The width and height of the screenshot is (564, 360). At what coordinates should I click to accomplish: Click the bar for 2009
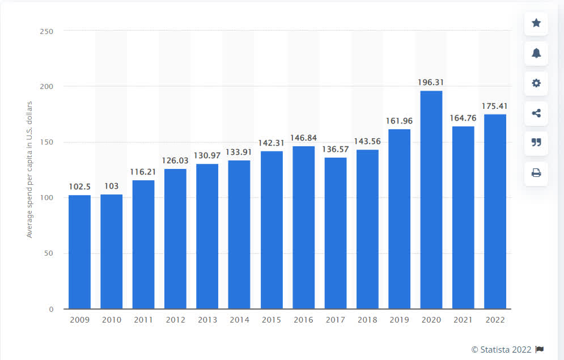[x=79, y=252]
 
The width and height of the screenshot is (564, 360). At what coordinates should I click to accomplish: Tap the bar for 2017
[x=336, y=232]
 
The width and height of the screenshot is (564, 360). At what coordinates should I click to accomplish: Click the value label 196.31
[x=430, y=82]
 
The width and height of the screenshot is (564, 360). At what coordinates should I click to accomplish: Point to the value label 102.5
[x=79, y=187]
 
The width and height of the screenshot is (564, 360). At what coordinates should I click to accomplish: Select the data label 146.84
[x=304, y=138]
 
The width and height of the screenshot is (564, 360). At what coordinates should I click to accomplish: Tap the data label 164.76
[x=463, y=118]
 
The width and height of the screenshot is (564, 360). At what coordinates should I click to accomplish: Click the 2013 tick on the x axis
[x=207, y=320]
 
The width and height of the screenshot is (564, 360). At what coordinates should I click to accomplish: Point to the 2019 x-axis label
[x=399, y=320]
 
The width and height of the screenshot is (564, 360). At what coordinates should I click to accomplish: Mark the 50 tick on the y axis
[x=49, y=253]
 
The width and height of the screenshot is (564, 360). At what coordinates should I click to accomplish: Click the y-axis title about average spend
[x=29, y=169]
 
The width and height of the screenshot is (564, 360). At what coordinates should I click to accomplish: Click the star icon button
[x=536, y=23]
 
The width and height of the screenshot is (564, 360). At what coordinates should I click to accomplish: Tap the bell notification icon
[x=536, y=53]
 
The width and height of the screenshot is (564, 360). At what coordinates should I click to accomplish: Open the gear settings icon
[x=536, y=83]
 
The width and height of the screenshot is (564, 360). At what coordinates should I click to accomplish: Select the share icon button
[x=536, y=113]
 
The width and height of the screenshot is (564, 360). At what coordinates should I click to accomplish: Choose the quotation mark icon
[x=536, y=143]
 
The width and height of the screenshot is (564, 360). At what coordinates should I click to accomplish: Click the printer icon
[x=536, y=173]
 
